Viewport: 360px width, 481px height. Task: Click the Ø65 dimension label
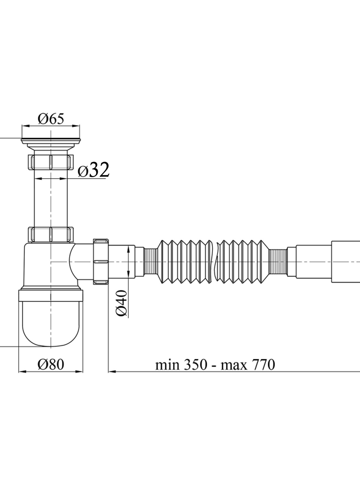point(51,119)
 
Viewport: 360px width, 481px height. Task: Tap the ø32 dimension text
point(94,170)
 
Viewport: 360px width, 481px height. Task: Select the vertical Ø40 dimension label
point(121,303)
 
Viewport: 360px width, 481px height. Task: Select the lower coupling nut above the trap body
point(51,234)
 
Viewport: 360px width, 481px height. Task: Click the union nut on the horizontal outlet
point(101,262)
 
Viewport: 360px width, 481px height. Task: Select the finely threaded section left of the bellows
point(151,262)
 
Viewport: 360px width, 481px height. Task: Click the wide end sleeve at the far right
point(346,262)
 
